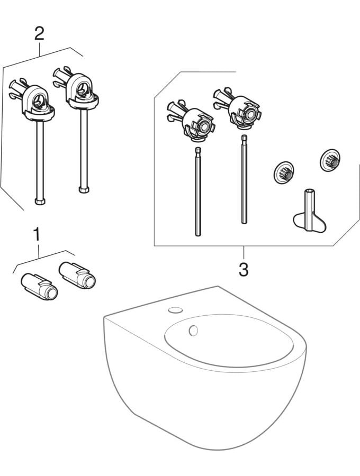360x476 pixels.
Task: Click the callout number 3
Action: click(x=243, y=269)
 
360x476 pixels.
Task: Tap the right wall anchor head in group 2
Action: click(x=80, y=88)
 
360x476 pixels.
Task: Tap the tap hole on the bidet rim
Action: click(x=174, y=309)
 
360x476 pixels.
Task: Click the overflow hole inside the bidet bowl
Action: click(x=193, y=331)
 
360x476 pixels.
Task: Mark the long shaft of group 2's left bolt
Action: click(x=39, y=159)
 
